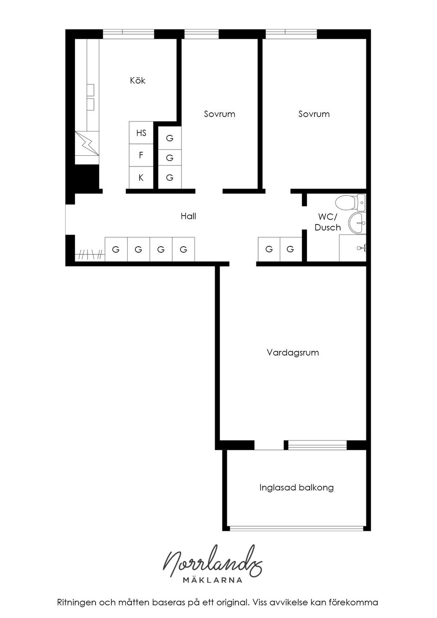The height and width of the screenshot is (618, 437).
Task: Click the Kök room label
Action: pyautogui.click(x=137, y=81)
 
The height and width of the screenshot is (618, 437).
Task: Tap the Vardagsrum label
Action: pyautogui.click(x=293, y=353)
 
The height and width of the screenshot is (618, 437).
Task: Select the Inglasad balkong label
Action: pyautogui.click(x=296, y=487)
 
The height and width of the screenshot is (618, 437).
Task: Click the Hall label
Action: pyautogui.click(x=188, y=216)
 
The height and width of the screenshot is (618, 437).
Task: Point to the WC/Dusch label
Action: pyautogui.click(x=327, y=222)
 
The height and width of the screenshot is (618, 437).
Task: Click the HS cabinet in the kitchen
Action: pyautogui.click(x=141, y=133)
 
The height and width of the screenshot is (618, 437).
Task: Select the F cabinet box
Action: pyautogui.click(x=141, y=155)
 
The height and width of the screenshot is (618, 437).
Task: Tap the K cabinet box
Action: pyautogui.click(x=141, y=178)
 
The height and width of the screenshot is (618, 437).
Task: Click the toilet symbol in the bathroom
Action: pyautogui.click(x=350, y=202)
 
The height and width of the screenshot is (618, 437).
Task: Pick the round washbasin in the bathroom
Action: pyautogui.click(x=357, y=223)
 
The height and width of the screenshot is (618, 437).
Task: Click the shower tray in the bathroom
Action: pyautogui.click(x=353, y=248)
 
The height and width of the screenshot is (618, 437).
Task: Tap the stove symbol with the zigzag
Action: pyautogui.click(x=87, y=143)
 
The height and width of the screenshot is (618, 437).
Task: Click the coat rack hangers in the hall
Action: pyautogui.click(x=90, y=254)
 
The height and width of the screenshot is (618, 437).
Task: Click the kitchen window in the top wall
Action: pyautogui.click(x=128, y=34)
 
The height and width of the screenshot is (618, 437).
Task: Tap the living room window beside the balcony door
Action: pyautogui.click(x=317, y=445)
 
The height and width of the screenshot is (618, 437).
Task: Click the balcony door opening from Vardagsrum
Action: pyautogui.click(x=269, y=445)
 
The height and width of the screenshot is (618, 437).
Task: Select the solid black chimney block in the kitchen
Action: pyautogui.click(x=87, y=177)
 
